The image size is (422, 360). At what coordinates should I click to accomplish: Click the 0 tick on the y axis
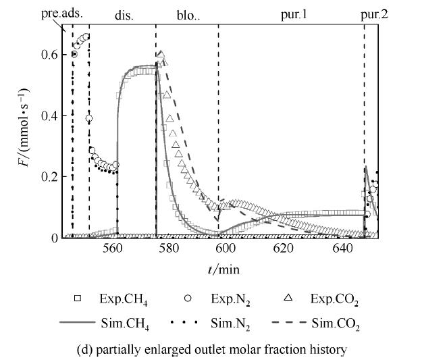click(x=57, y=238)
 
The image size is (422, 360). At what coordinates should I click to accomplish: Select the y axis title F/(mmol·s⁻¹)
click(x=26, y=129)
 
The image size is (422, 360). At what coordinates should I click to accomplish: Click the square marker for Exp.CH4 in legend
click(x=78, y=298)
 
